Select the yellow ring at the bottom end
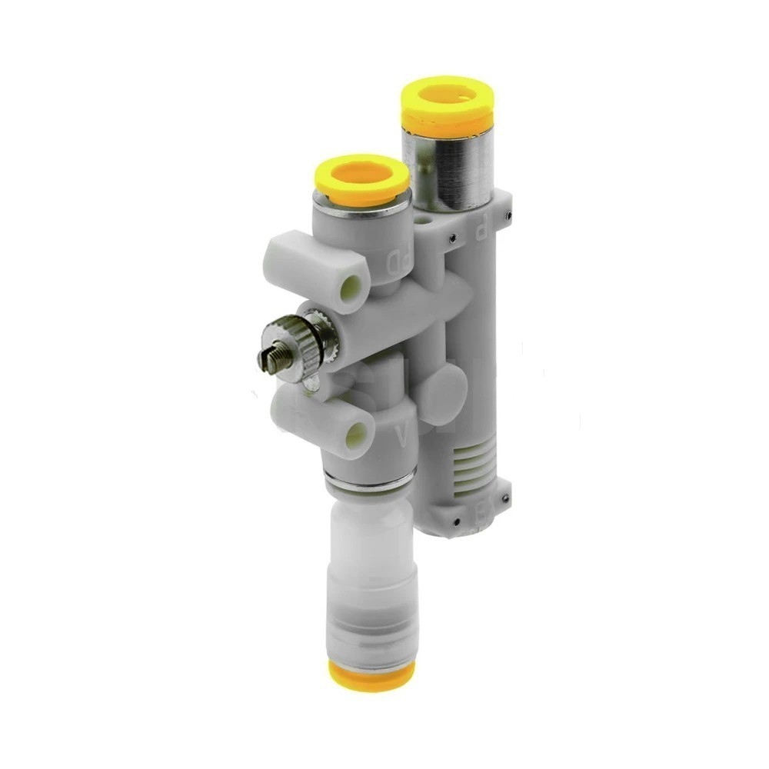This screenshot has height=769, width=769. (x=371, y=674)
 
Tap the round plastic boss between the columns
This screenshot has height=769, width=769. (x=447, y=384)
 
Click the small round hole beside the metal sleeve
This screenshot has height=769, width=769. (x=425, y=222)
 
